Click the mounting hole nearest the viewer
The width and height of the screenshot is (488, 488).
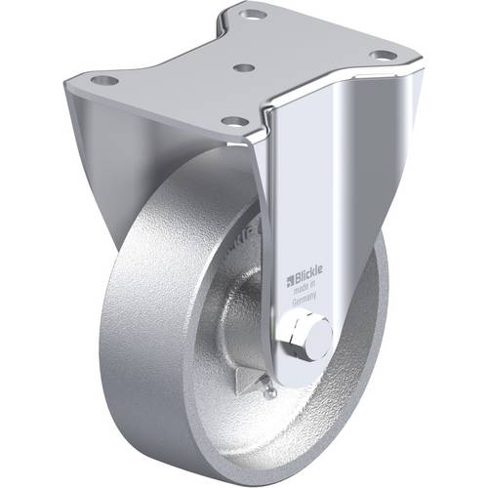234,121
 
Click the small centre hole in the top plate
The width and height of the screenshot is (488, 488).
245,69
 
